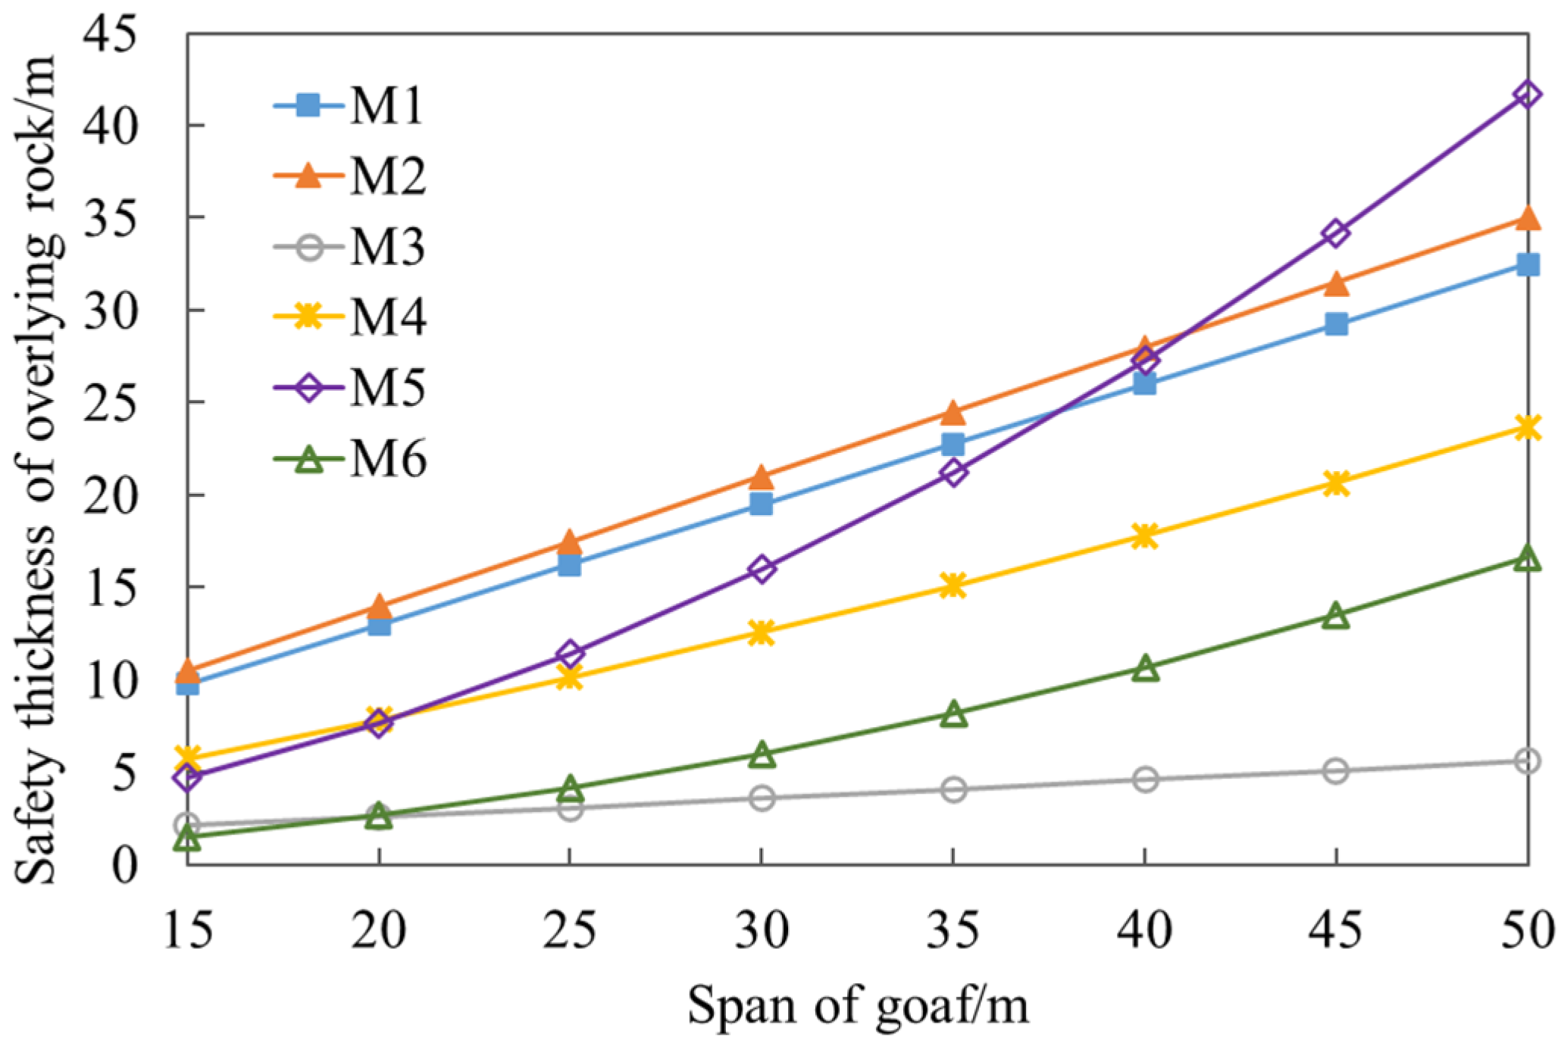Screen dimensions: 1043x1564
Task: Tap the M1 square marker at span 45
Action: [x=1337, y=324]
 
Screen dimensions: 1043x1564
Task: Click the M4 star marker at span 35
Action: [x=954, y=586]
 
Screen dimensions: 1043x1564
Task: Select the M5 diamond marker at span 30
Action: [x=762, y=569]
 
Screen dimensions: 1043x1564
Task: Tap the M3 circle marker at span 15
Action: [x=187, y=825]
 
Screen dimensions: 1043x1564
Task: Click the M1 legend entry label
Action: [x=386, y=106]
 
